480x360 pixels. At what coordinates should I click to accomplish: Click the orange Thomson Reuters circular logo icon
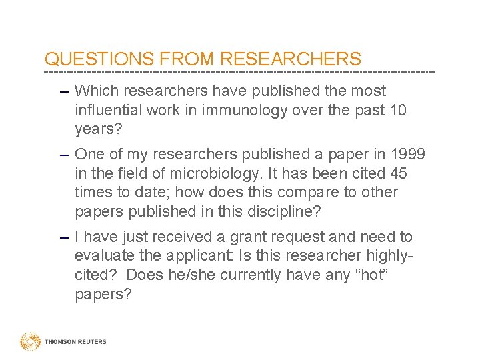click(x=30, y=341)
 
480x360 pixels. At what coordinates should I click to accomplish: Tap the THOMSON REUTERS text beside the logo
click(x=75, y=342)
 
